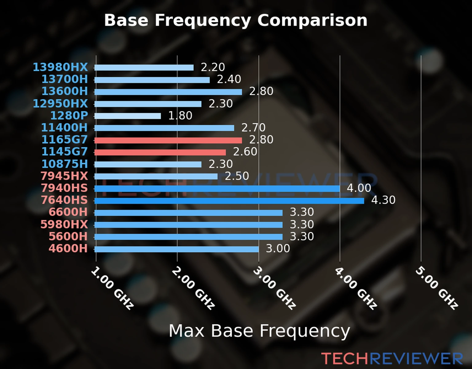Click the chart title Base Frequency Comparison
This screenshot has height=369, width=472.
click(236, 20)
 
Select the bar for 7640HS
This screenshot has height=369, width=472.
click(229, 201)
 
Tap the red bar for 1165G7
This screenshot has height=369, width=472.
click(168, 141)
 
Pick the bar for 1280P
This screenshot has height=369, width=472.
click(128, 116)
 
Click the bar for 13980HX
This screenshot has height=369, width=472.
click(144, 68)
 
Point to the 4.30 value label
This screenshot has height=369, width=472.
click(383, 200)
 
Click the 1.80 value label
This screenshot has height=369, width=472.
click(180, 116)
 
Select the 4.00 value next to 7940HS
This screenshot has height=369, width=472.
click(359, 188)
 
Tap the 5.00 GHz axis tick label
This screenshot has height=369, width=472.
click(437, 288)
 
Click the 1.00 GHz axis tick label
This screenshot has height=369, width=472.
click(112, 288)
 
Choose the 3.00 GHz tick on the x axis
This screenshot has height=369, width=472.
click(274, 288)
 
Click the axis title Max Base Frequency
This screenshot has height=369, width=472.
click(259, 331)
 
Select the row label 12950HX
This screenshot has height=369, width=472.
click(60, 104)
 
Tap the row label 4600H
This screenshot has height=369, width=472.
click(68, 248)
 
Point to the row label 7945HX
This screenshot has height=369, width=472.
click(64, 176)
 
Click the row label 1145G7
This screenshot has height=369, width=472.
click(65, 152)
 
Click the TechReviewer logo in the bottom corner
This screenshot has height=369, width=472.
click(392, 359)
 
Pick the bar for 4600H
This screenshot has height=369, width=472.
click(177, 249)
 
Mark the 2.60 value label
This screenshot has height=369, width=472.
click(245, 152)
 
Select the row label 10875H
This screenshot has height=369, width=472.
click(65, 164)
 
